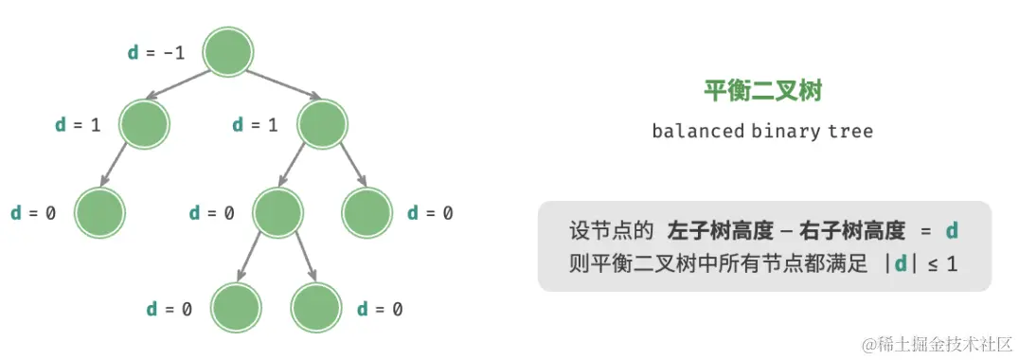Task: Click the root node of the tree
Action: tap(227, 52)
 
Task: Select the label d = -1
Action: tap(155, 52)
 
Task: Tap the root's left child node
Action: tap(144, 124)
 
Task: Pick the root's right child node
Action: tap(322, 124)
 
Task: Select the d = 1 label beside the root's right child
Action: tap(256, 124)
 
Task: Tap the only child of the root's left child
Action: tap(99, 212)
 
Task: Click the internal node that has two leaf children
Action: tap(277, 212)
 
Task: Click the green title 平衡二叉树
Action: tap(762, 91)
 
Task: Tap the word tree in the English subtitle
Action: tap(850, 131)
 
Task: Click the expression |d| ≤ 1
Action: tap(920, 264)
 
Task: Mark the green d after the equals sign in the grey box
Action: tap(953, 230)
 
